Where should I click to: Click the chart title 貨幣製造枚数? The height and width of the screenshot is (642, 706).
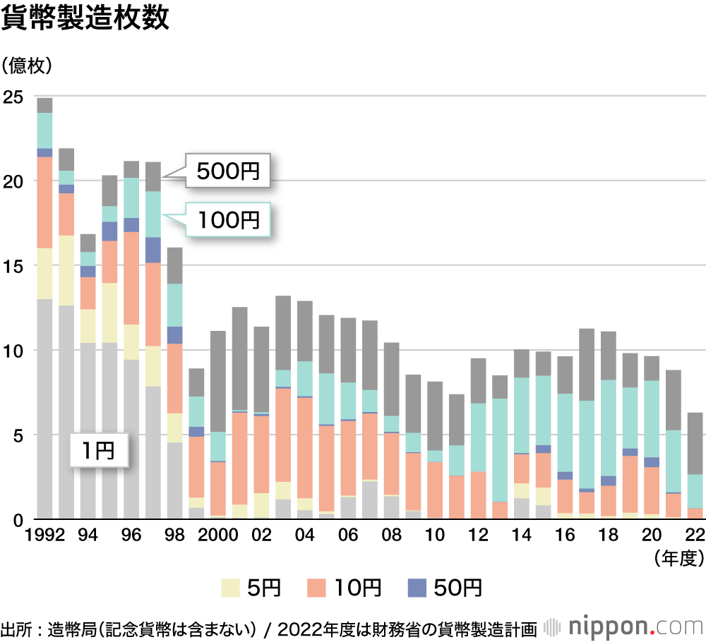[85, 19]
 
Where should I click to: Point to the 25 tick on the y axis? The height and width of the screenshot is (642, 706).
[13, 97]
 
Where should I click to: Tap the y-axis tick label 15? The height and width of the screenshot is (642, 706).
[13, 266]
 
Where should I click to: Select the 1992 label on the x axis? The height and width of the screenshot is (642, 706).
[44, 536]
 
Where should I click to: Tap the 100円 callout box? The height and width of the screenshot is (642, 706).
[228, 219]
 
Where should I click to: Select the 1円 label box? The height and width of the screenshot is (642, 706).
[100, 449]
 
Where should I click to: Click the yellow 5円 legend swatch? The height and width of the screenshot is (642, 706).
[231, 587]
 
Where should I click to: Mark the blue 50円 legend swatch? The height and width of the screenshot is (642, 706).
[418, 587]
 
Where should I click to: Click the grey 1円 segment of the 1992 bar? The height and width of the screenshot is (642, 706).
[45, 409]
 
